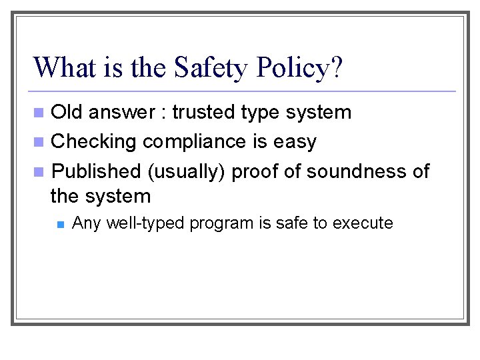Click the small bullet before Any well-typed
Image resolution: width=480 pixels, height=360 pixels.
coord(59,224)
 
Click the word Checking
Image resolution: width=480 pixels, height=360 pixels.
coord(93,142)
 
